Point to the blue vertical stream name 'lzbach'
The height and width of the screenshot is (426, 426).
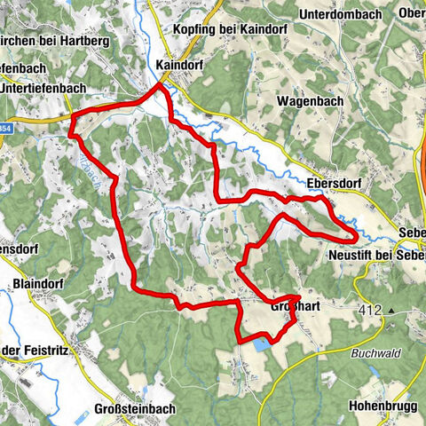click(x=82, y=162)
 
